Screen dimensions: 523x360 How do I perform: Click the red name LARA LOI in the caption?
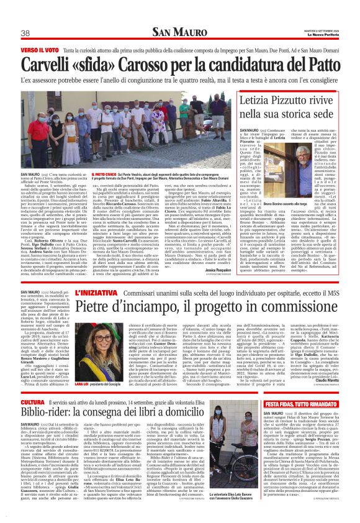(81, 384)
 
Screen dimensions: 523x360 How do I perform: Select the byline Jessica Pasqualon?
(218, 272)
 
